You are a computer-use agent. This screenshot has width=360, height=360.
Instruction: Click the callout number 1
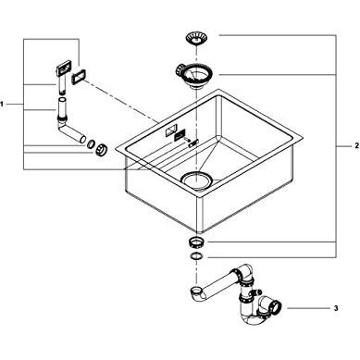(x=2, y=104)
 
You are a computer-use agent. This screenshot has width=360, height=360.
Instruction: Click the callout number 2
(x=357, y=145)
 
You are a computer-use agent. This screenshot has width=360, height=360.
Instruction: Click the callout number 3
(x=336, y=308)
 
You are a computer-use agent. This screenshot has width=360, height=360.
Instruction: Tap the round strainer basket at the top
(x=196, y=38)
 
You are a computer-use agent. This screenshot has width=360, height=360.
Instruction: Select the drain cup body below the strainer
(x=194, y=76)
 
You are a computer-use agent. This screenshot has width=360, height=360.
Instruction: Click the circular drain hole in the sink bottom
(x=196, y=180)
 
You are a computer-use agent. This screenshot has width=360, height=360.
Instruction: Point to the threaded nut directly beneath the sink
(x=195, y=242)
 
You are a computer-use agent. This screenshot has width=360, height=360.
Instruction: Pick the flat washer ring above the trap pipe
(x=195, y=256)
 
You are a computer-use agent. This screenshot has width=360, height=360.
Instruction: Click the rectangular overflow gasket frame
(x=79, y=76)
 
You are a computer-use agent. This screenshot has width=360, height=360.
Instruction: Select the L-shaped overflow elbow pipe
(x=69, y=128)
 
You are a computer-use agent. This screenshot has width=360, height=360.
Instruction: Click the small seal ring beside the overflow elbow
(x=91, y=143)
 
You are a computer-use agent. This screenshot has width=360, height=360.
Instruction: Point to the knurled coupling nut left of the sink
(x=101, y=150)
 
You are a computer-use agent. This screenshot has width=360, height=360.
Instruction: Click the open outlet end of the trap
(x=276, y=305)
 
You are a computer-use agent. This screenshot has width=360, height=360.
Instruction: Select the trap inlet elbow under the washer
(x=198, y=293)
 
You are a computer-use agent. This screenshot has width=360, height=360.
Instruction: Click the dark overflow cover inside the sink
(x=180, y=135)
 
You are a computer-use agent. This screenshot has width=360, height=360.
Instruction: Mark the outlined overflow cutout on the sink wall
(x=170, y=130)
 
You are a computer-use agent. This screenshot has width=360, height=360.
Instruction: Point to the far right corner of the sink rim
(x=302, y=137)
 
